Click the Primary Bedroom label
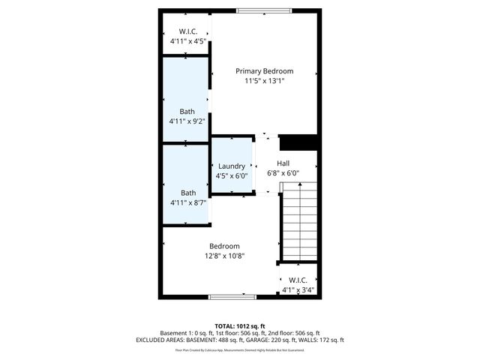coord(264,71)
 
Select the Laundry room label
coord(231,166)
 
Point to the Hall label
coord(283,163)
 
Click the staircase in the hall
coord(299,221)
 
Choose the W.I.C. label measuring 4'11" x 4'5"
coord(187,31)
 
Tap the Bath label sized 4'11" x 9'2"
coord(187,112)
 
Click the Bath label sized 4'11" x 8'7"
coord(187,193)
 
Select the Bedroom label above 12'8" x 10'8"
coord(224,246)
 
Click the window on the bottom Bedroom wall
coord(232,297)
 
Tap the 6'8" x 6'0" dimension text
coord(283,173)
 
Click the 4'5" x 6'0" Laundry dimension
coord(231,176)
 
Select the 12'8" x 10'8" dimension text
coord(224,256)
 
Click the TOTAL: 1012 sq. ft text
coord(240,325)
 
